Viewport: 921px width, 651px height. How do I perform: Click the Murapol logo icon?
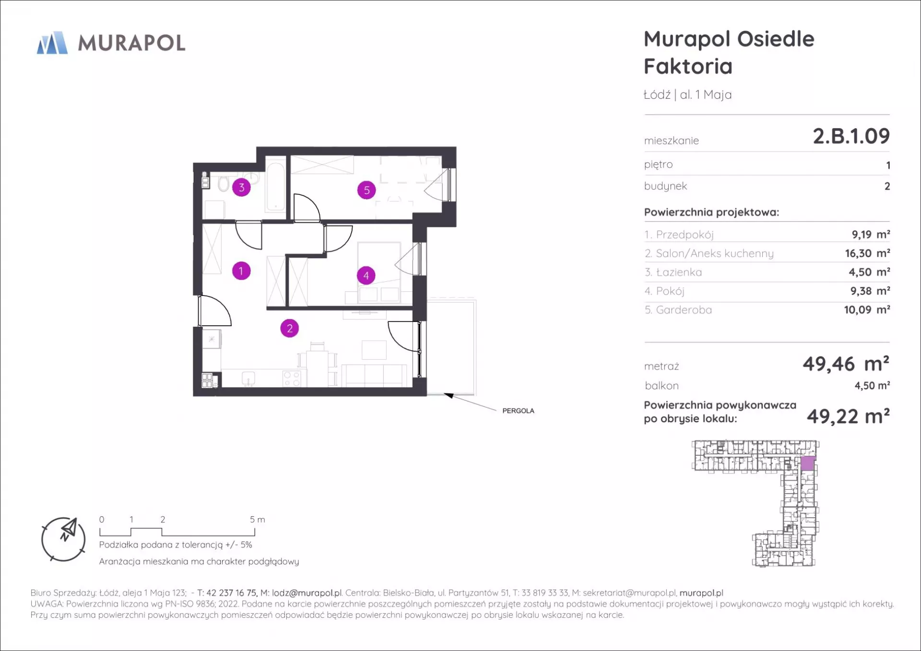coord(52,43)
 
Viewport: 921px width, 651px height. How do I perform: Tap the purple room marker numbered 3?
coord(241,188)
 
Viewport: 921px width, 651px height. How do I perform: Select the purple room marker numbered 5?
coord(366,190)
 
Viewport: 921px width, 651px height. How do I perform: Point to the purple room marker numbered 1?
coord(241,271)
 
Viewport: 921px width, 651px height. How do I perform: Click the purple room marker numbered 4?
coord(366,275)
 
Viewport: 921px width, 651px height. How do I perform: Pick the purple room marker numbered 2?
coord(289,328)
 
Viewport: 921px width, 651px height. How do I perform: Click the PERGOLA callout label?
coord(518,411)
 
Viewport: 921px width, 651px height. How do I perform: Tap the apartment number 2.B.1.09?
coord(851,136)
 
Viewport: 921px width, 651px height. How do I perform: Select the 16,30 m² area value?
coord(867,253)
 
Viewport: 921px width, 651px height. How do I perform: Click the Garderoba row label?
coord(678,310)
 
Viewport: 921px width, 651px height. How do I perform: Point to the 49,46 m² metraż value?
coord(846,364)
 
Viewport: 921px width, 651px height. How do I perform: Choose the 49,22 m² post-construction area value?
coord(848,416)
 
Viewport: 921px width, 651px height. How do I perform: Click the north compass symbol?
coord(64,539)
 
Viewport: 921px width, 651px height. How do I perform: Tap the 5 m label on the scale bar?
coord(257,520)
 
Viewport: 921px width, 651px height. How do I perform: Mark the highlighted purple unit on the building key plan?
coord(808,463)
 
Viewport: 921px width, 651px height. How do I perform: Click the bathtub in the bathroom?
coord(276,187)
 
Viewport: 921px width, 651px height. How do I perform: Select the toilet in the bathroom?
coord(223,183)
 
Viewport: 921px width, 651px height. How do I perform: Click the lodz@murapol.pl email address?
coord(307,593)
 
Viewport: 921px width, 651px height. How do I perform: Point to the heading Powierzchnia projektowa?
coord(711,213)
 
